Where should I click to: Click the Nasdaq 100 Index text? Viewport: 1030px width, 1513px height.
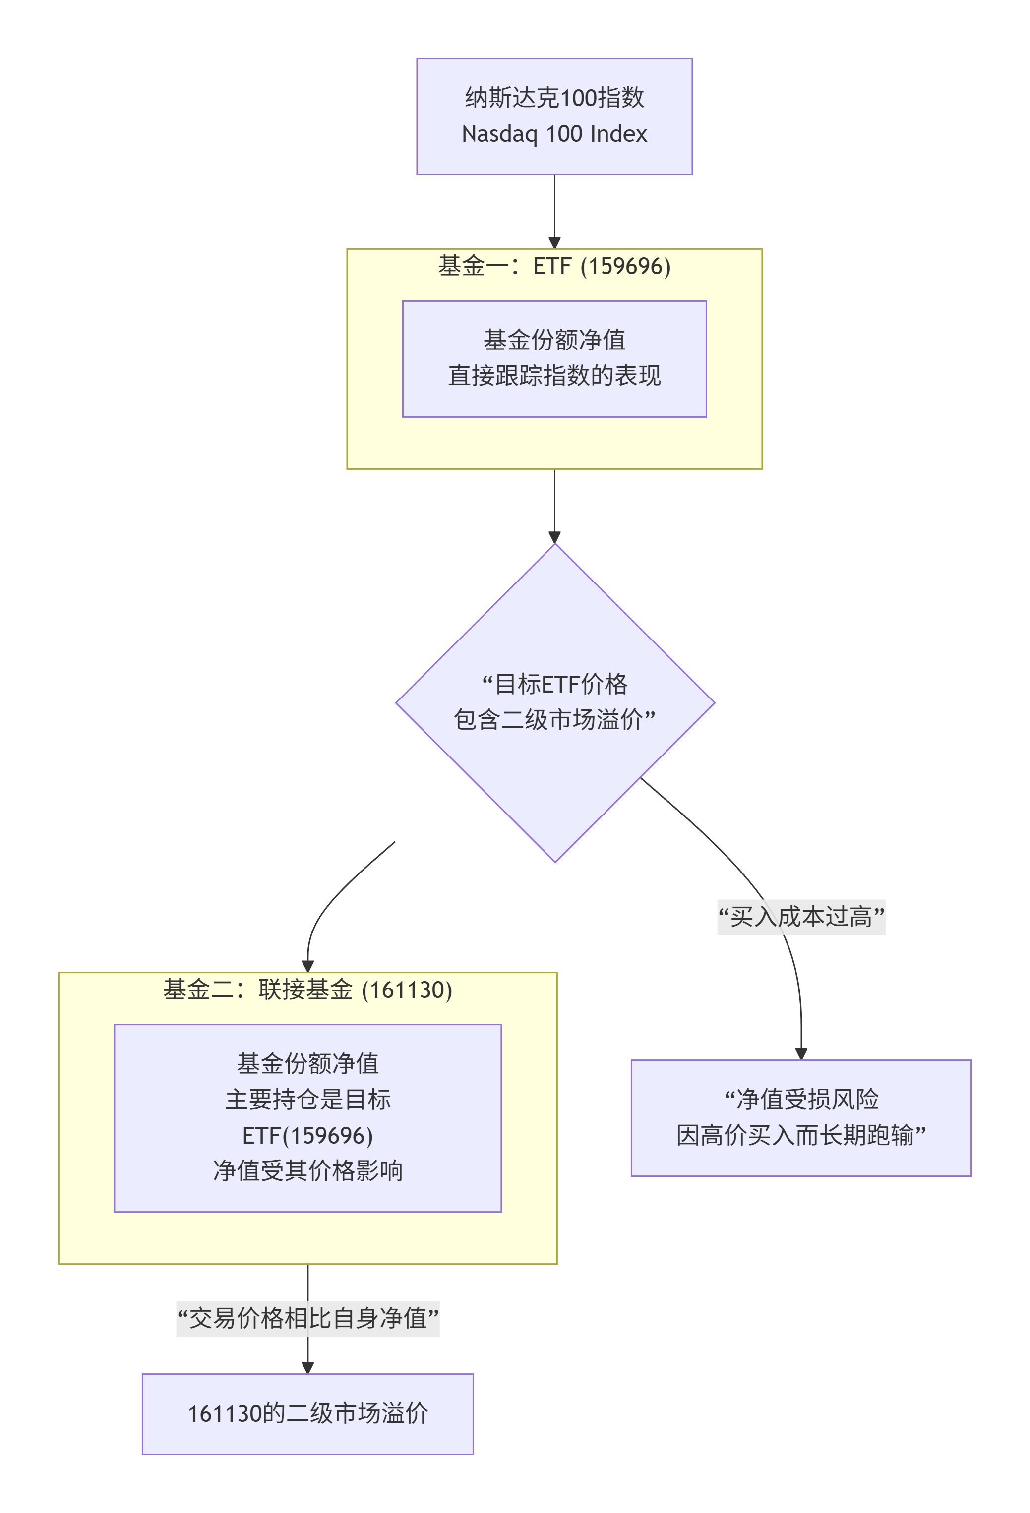[x=554, y=134]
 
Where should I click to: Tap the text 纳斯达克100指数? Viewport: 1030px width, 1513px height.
[x=554, y=98]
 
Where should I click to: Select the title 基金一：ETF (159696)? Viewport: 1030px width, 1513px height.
[x=554, y=266]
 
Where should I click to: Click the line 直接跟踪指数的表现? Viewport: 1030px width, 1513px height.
[x=554, y=376]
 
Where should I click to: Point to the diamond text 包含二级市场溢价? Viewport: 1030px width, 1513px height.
[x=554, y=719]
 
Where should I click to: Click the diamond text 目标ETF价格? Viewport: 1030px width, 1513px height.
[x=554, y=684]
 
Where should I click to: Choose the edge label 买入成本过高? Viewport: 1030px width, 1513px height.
[x=801, y=917]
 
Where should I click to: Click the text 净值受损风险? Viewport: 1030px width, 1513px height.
[x=801, y=1100]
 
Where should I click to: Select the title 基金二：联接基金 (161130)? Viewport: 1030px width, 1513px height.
[x=307, y=989]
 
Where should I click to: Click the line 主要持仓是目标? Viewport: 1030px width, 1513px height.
[x=307, y=1100]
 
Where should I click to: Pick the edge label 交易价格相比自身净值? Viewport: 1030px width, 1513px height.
[x=307, y=1318]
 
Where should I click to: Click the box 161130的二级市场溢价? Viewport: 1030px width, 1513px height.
[x=307, y=1413]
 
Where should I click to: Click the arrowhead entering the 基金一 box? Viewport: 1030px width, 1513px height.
[x=554, y=243]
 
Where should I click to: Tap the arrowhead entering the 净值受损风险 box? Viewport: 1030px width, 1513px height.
[x=801, y=1054]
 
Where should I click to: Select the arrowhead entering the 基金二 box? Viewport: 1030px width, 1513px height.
[x=307, y=966]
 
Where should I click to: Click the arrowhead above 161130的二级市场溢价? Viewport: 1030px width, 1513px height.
[x=307, y=1368]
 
